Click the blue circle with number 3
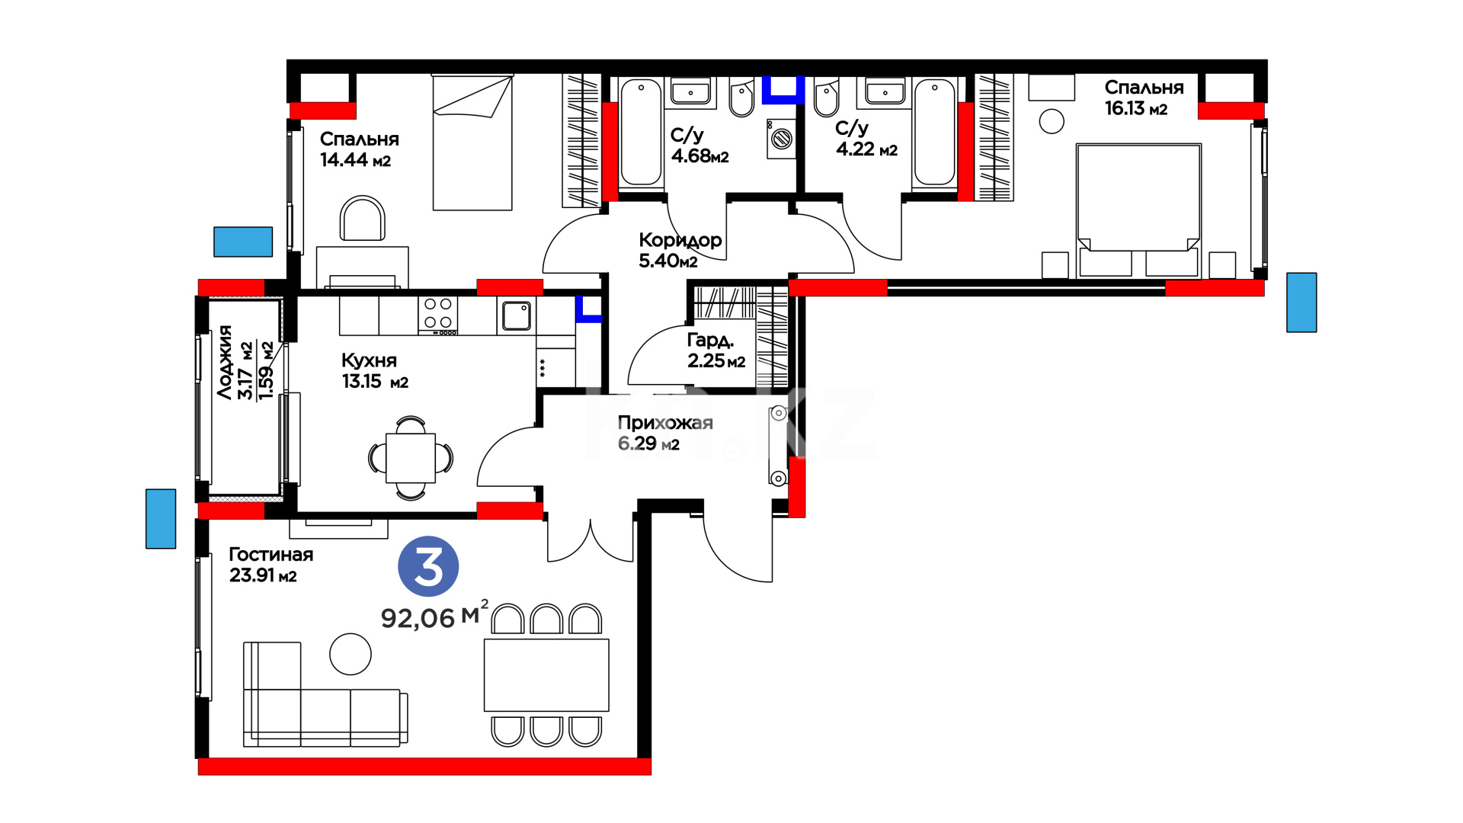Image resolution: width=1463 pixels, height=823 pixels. click(x=428, y=566)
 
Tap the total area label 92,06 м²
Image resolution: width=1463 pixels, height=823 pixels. click(x=434, y=615)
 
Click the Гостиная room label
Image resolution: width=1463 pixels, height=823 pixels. click(x=271, y=554)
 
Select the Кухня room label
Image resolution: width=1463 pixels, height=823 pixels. click(x=369, y=360)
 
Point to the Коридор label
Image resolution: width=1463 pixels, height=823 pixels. click(x=680, y=241)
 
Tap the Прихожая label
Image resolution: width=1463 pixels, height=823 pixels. click(x=665, y=423)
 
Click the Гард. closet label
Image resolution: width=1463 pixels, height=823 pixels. click(x=710, y=340)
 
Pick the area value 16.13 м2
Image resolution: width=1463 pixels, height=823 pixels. click(x=1136, y=108)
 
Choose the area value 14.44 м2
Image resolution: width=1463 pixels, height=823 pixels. click(x=355, y=160)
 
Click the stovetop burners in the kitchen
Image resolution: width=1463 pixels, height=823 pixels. click(x=438, y=315)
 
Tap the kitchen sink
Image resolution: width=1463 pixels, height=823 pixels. click(x=516, y=315)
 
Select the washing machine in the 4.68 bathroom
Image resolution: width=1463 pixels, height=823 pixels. click(x=780, y=139)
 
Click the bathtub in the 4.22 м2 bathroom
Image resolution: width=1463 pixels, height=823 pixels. click(x=934, y=133)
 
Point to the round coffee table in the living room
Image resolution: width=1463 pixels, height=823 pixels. click(x=351, y=654)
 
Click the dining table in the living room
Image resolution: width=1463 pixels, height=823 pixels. click(x=546, y=675)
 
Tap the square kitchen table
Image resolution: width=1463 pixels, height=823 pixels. click(x=411, y=458)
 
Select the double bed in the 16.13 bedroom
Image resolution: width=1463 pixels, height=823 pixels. click(x=1138, y=210)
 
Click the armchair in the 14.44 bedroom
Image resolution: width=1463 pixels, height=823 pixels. click(x=363, y=219)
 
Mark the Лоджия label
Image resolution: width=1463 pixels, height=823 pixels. click(x=225, y=362)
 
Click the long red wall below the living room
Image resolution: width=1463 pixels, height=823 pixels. click(x=424, y=767)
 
